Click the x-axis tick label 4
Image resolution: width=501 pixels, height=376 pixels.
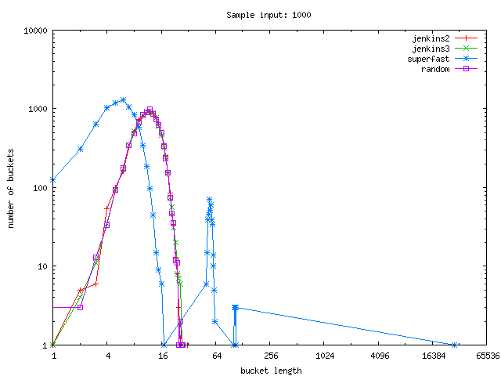(x=108, y=356)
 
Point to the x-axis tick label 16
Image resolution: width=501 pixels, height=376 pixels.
(x=162, y=356)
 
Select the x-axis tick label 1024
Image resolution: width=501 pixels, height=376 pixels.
(x=324, y=356)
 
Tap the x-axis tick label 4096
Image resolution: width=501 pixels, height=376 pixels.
(x=378, y=356)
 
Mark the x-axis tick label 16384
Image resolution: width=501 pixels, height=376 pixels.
(x=433, y=356)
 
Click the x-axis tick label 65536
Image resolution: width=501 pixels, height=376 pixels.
(x=487, y=356)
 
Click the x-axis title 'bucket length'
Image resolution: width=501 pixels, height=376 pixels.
(x=270, y=370)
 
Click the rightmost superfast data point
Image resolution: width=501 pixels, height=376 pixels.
(x=455, y=345)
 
